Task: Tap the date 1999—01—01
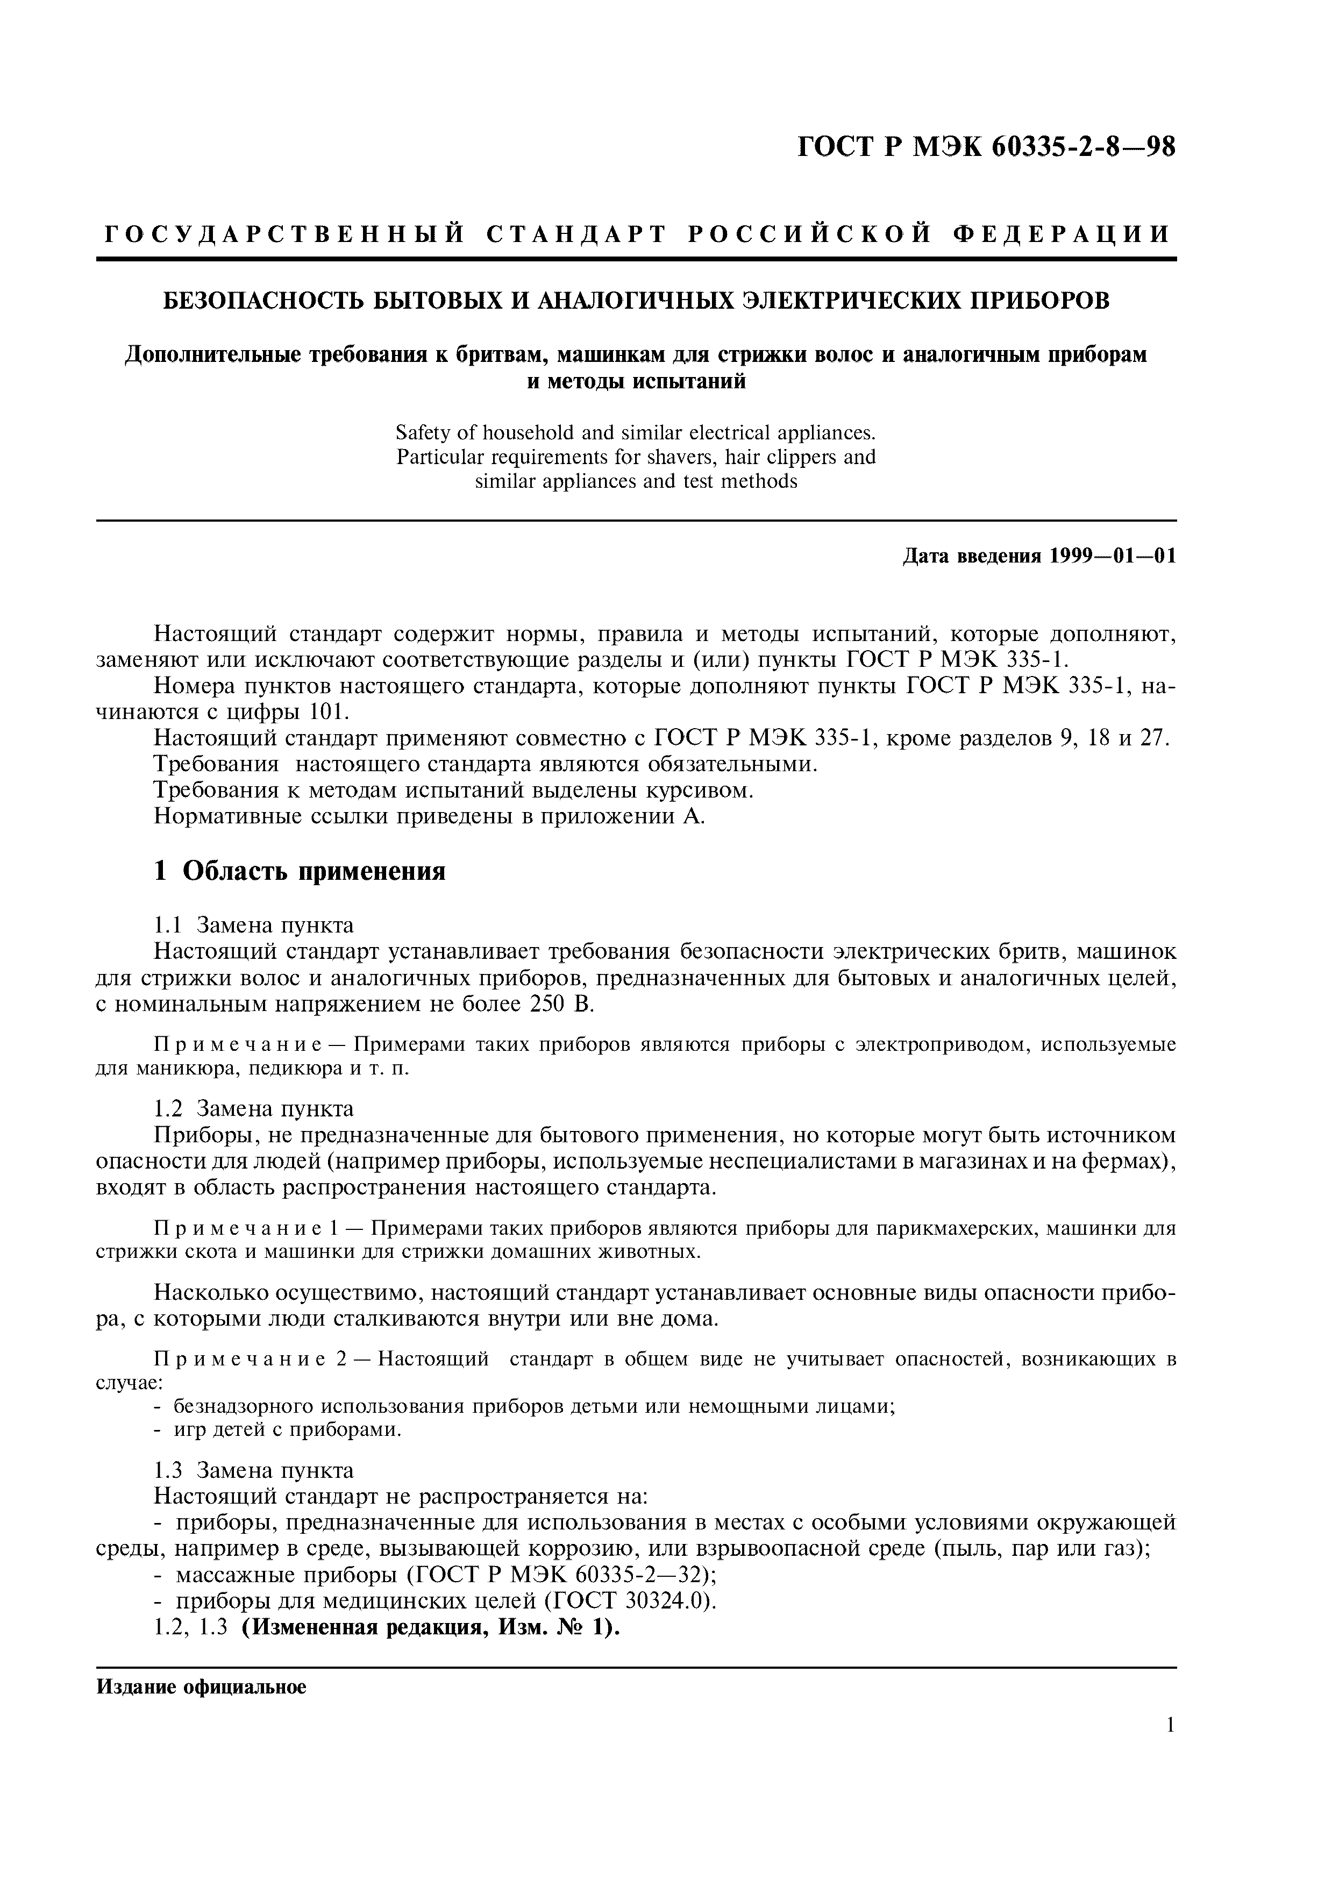[x=1112, y=556]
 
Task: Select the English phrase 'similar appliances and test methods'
[x=636, y=481]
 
